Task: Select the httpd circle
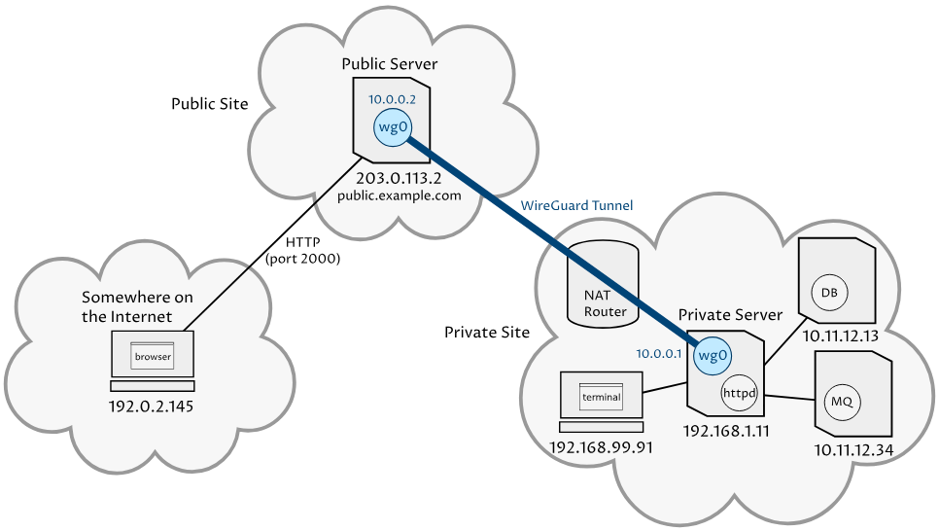[739, 393]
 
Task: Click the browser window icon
[153, 356]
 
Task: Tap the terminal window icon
[601, 398]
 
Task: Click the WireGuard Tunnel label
[576, 206]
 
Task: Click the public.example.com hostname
[399, 195]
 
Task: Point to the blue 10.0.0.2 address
[392, 99]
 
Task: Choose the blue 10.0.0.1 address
[659, 353]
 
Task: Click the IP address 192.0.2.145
[152, 406]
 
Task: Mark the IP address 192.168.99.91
[601, 447]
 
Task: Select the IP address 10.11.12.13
[841, 336]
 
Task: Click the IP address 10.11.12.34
[853, 449]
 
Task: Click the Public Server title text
[390, 64]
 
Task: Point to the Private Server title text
[730, 314]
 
